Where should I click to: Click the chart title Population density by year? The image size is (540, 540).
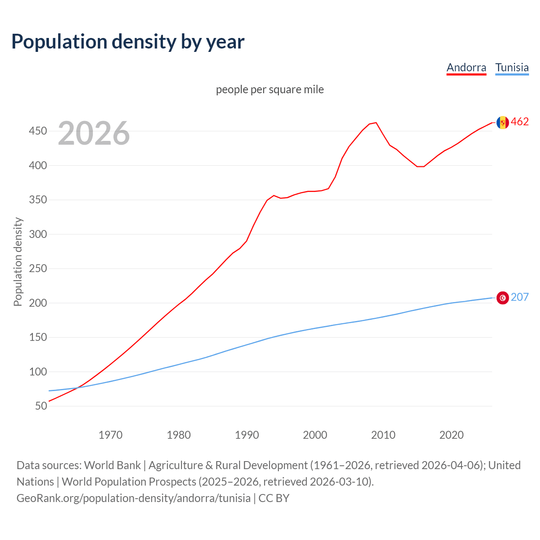128,41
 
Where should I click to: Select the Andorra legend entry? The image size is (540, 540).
466,67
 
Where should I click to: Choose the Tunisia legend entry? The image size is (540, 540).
512,67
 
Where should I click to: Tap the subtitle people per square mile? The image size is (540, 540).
270,89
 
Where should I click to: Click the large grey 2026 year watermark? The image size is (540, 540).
94,133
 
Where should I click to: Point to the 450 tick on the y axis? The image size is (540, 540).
38,131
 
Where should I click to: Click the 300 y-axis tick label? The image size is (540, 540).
38,234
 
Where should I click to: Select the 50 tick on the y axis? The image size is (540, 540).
41,406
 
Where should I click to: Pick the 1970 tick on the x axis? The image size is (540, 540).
111,435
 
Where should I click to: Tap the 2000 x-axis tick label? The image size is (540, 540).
315,435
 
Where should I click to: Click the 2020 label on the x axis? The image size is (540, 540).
451,435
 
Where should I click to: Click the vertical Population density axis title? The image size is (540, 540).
18,262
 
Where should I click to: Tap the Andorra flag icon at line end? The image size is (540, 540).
502,122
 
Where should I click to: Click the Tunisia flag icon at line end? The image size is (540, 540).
502,298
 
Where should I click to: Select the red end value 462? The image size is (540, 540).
520,122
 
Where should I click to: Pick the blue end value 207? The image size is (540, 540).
520,297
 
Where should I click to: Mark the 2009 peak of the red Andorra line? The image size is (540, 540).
376,123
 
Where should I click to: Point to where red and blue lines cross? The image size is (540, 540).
77,387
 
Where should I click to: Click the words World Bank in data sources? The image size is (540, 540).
112,465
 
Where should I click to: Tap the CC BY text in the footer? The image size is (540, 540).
274,498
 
